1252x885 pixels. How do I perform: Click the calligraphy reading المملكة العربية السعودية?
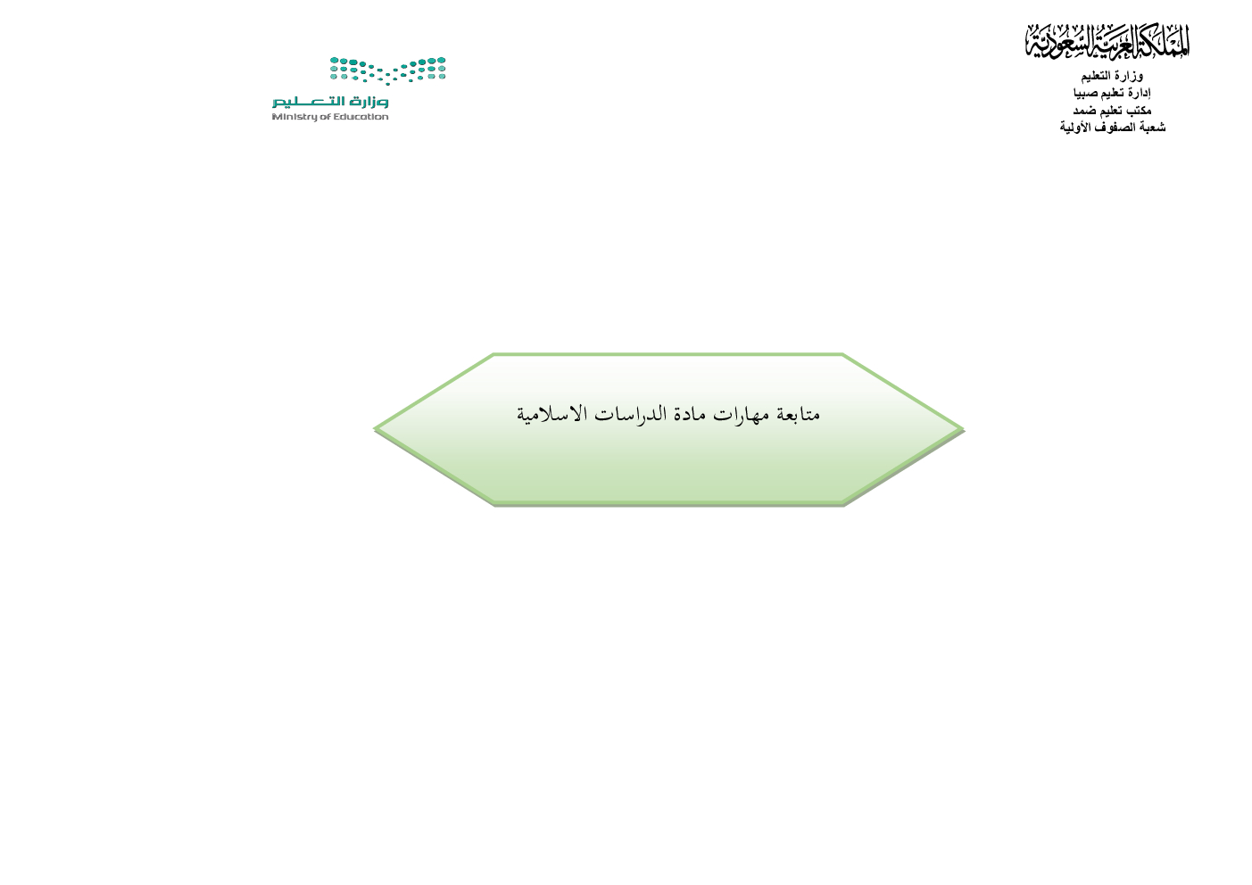click(x=1107, y=41)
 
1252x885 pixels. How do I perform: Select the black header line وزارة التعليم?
click(x=1112, y=76)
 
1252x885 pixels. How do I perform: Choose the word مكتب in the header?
click(x=1138, y=110)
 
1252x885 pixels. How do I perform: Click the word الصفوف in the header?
click(x=1115, y=128)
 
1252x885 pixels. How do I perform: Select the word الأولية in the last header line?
click(x=1076, y=128)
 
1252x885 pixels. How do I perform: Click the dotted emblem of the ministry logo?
click(x=387, y=70)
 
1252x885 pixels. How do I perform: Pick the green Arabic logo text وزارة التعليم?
click(x=330, y=102)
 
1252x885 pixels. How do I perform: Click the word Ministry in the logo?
click(x=290, y=117)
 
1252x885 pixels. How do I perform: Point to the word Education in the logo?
click(x=361, y=117)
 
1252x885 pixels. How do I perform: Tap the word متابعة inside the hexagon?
click(x=798, y=415)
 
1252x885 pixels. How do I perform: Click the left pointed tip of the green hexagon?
click(x=375, y=429)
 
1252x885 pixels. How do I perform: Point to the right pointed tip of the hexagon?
click(x=964, y=430)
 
